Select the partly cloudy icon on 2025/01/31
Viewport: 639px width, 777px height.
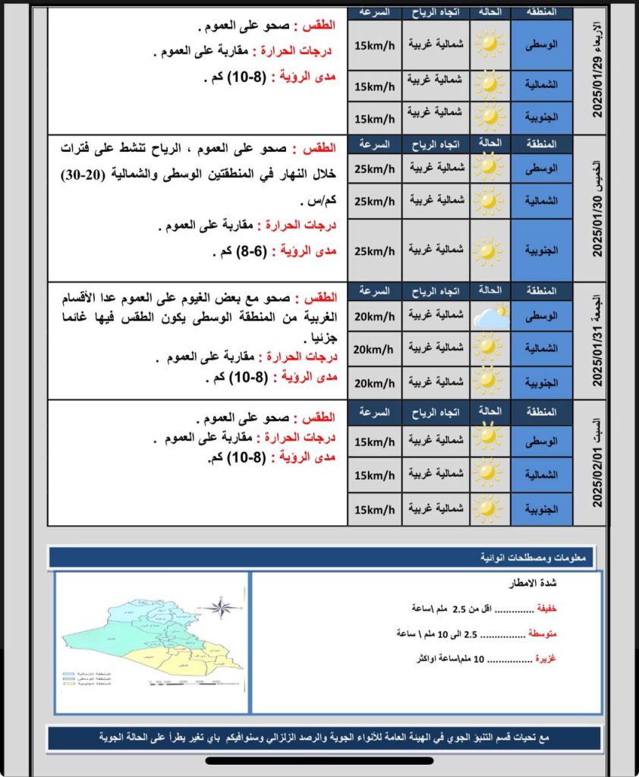tap(491, 316)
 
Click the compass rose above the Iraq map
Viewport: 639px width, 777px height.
tap(221, 607)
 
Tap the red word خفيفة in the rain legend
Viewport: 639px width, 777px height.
tap(546, 609)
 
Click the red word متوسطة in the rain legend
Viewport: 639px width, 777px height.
tap(541, 633)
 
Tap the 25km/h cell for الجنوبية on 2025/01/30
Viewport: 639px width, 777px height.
tap(374, 250)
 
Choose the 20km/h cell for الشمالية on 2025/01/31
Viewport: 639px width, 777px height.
tap(374, 349)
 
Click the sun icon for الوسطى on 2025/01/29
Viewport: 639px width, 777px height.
tap(489, 44)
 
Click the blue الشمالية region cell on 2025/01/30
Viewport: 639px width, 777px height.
tap(542, 201)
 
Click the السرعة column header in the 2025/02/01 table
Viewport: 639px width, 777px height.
tap(374, 412)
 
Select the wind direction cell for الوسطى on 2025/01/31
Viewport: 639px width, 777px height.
tap(436, 316)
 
